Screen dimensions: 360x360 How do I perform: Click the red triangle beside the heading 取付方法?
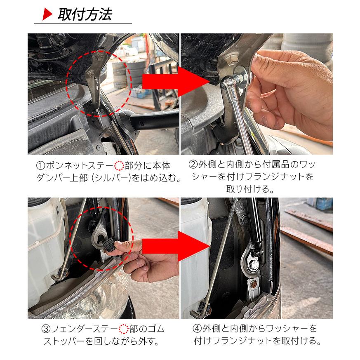[x=47, y=15]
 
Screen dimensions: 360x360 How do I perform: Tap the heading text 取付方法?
[x=85, y=15]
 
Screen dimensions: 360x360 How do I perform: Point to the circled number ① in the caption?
[x=40, y=166]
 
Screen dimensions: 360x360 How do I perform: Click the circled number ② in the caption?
[x=193, y=165]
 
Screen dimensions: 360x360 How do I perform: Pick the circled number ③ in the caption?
[x=46, y=329]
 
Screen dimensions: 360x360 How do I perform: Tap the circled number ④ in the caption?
[x=197, y=329]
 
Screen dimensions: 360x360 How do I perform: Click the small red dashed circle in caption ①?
[x=118, y=166]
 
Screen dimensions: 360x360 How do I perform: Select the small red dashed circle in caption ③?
[x=124, y=329]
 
